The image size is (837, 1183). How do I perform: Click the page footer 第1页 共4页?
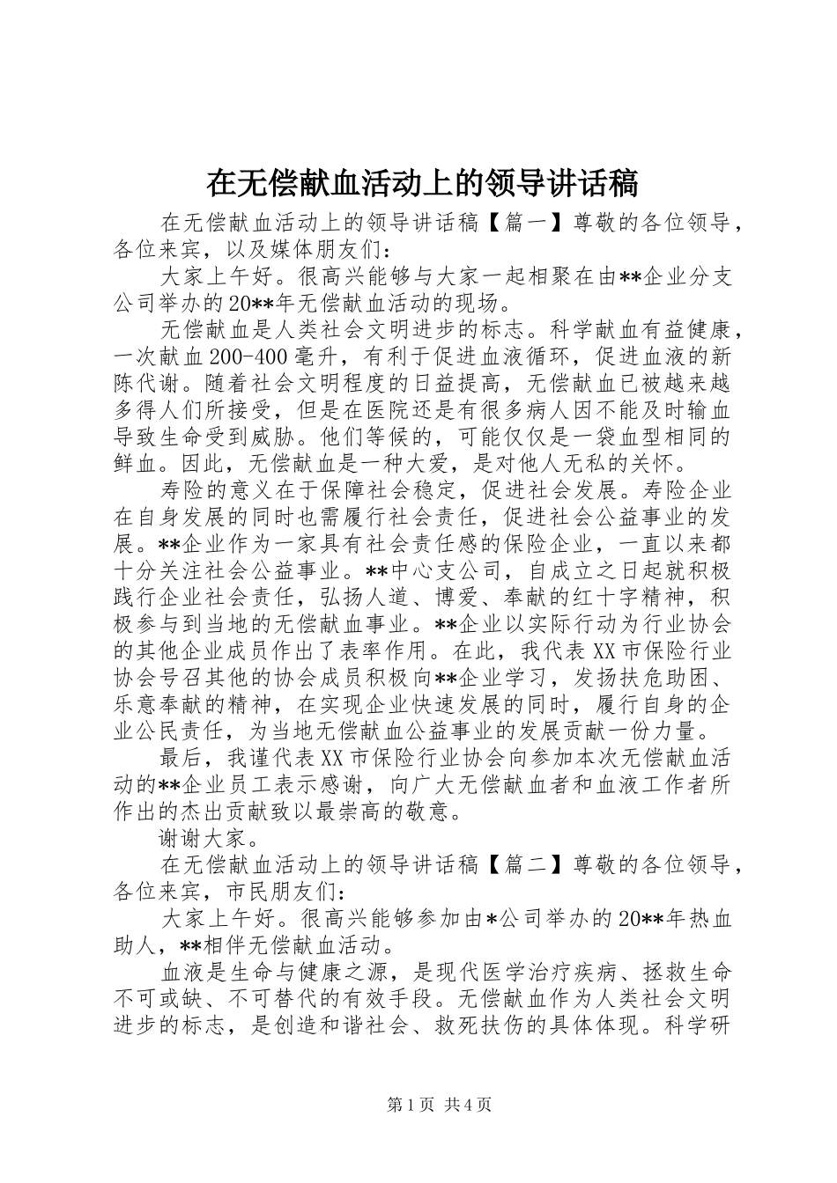(439, 1105)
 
